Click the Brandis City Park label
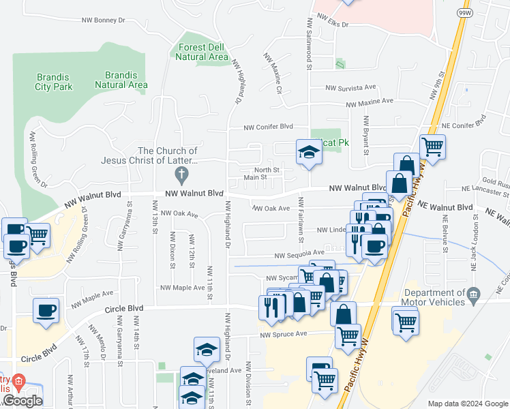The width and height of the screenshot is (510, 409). [54, 82]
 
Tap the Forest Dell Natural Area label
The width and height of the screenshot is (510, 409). [201, 52]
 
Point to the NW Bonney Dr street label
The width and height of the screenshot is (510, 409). [103, 20]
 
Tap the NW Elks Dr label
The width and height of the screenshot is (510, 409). [331, 25]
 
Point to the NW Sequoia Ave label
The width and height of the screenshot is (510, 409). [299, 255]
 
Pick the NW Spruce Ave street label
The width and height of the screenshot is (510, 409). [284, 334]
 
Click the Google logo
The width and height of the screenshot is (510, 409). [22, 401]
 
